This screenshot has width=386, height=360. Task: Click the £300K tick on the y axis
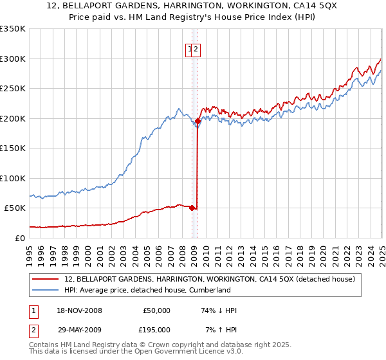[x=12, y=59]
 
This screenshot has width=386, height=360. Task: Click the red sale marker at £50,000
[x=192, y=208]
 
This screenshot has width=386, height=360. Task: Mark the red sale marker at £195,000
[x=198, y=121]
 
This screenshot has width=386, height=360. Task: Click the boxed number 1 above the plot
[x=190, y=50]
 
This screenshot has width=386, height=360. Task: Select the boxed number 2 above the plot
[x=197, y=50]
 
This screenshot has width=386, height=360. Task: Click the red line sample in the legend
[x=46, y=279]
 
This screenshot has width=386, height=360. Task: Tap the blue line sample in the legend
[x=46, y=290]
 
